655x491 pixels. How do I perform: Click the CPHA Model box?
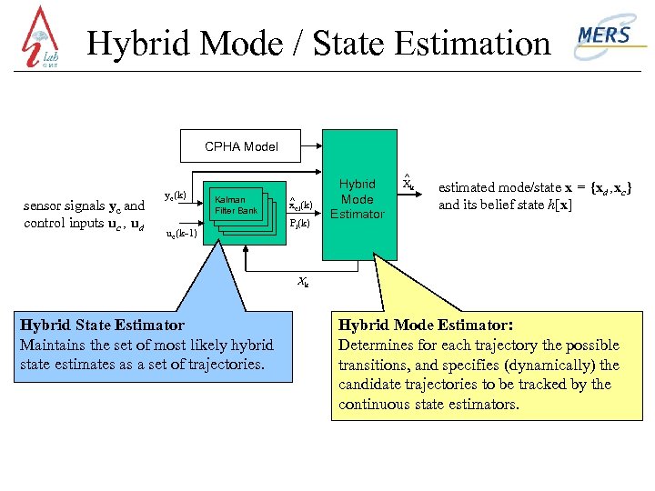click(241, 145)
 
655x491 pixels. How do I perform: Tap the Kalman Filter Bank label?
click(236, 205)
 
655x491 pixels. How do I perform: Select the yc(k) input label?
click(176, 195)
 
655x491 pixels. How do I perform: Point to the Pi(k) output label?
click(299, 223)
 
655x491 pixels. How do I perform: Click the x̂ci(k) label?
click(300, 204)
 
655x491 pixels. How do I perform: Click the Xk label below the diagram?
click(303, 282)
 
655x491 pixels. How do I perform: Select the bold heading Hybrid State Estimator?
click(102, 326)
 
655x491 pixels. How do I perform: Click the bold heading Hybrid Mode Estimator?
click(426, 325)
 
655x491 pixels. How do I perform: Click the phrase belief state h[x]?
click(527, 205)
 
